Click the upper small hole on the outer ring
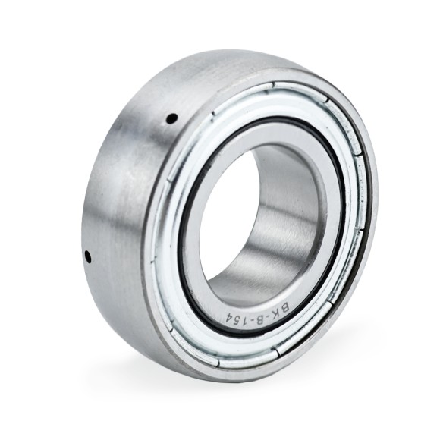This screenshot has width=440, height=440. (x=171, y=118)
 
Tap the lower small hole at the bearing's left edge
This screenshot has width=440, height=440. (x=87, y=257)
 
